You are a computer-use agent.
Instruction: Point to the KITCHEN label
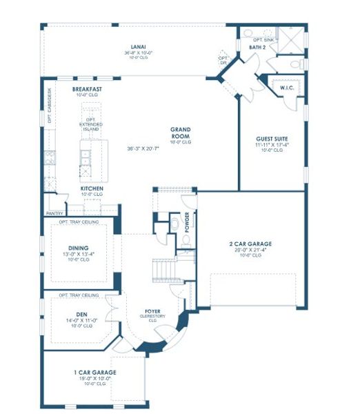coord(92,188)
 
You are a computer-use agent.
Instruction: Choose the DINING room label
coord(79,248)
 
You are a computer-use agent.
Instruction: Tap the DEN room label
coord(79,314)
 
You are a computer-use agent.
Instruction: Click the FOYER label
coord(152,311)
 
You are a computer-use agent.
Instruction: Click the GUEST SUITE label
coord(271,138)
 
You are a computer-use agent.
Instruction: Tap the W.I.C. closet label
coord(287,88)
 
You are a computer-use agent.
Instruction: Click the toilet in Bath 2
coord(294,64)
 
